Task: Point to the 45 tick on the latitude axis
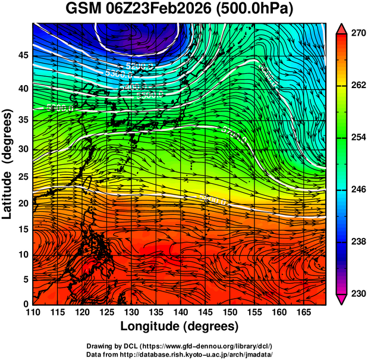(23, 55)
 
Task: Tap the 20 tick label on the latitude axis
(23, 204)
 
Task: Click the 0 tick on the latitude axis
(26, 303)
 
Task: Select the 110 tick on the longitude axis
(33, 312)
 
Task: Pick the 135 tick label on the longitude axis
(155, 312)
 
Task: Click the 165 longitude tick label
(301, 312)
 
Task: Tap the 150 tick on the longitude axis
(228, 312)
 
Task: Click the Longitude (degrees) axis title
(180, 326)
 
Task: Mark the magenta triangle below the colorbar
(342, 299)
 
